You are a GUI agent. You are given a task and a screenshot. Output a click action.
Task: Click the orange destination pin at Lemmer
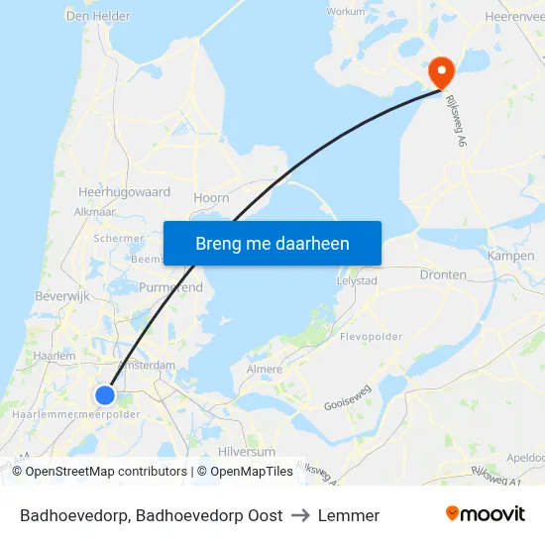click(x=441, y=71)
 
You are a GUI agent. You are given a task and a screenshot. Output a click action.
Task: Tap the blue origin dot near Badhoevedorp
click(x=105, y=395)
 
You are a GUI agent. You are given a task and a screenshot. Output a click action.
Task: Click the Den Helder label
click(x=98, y=16)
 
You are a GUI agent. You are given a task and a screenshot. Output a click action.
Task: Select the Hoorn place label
click(x=211, y=198)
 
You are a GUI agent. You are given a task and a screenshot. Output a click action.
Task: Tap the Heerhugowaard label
click(x=124, y=192)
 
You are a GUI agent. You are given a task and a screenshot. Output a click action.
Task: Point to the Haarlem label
click(x=54, y=356)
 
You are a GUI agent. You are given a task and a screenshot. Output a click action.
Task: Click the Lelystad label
click(x=357, y=281)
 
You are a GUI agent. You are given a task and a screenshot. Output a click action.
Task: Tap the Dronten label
click(x=443, y=274)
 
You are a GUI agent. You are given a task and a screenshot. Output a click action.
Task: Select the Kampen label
click(x=510, y=256)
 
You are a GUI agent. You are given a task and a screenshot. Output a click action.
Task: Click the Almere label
click(x=264, y=369)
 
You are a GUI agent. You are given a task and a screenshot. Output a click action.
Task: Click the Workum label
click(x=347, y=12)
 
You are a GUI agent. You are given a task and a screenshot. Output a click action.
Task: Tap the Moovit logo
click(x=485, y=514)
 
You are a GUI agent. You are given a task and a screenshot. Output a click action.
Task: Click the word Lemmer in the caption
click(x=349, y=515)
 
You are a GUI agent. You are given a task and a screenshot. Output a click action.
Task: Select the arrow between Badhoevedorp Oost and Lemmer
click(x=300, y=515)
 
